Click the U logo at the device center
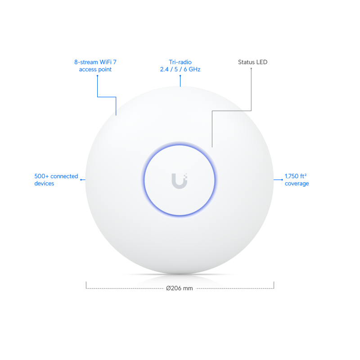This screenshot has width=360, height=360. point(180,180)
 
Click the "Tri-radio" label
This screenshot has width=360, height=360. point(180,62)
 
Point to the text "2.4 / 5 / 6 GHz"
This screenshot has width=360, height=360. point(180,70)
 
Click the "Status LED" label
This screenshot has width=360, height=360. point(252,62)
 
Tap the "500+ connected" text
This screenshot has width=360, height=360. point(56,176)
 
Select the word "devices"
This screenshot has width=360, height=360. point(44,184)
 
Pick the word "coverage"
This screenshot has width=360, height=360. point(297,184)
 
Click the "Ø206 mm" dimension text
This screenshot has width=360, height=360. point(179,288)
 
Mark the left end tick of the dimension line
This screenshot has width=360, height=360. point(86,284)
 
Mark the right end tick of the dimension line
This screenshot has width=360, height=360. point(274,284)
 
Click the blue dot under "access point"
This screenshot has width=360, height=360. point(98,76)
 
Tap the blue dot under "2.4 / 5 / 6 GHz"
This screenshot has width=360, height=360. point(180,76)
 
